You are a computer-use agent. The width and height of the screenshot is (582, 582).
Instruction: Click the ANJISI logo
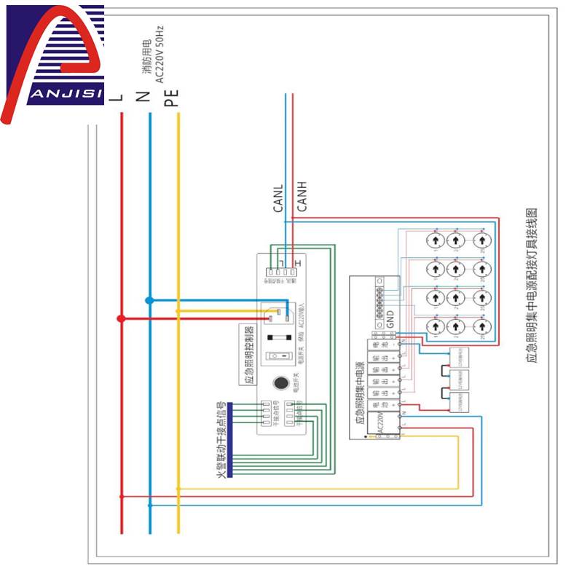pyautogui.click(x=52, y=62)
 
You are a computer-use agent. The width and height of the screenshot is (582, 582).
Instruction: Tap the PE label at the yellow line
pyautogui.click(x=171, y=96)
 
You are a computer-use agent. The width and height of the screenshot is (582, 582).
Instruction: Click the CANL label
pyautogui.click(x=278, y=198)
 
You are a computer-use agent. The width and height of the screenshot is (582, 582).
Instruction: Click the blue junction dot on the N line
pyautogui.click(x=149, y=299)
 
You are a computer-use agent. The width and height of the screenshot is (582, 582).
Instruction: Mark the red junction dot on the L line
pyautogui.click(x=121, y=318)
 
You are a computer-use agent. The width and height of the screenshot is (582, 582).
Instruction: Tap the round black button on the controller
pyautogui.click(x=280, y=383)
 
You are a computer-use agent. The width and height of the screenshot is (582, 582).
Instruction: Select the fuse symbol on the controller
pyautogui.click(x=279, y=337)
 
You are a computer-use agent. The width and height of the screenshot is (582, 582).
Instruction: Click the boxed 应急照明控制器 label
pyautogui.click(x=249, y=357)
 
